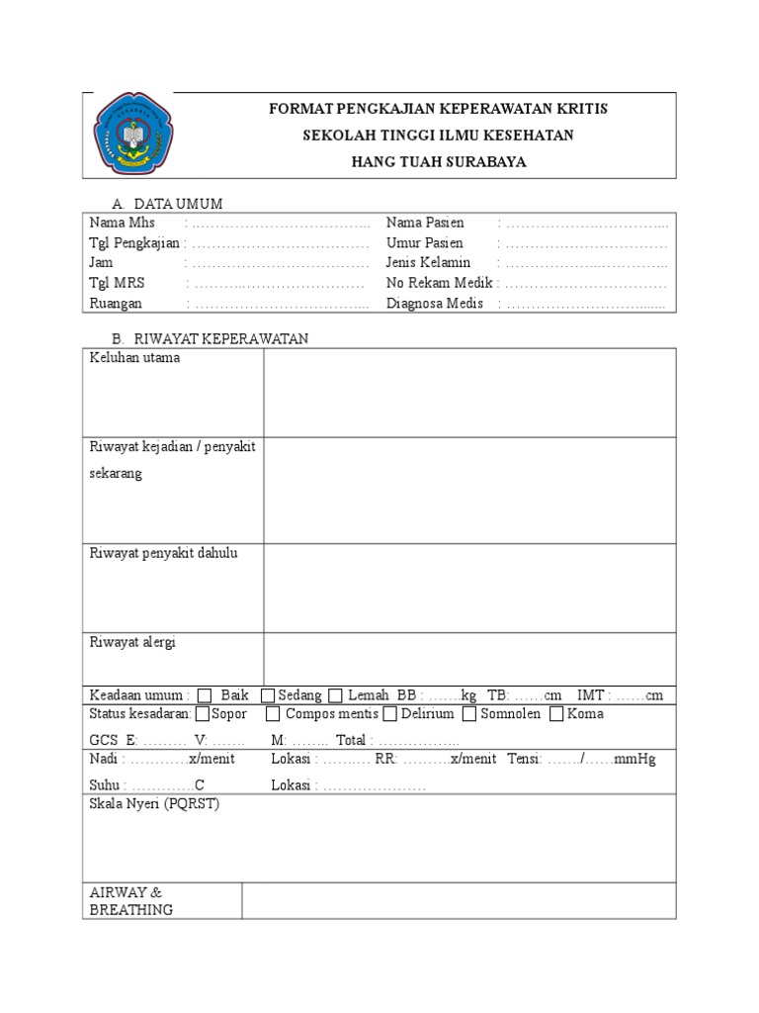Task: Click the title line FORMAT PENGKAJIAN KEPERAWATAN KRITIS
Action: [x=439, y=108]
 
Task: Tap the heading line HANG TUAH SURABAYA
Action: [x=439, y=162]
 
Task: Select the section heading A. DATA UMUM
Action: [x=167, y=204]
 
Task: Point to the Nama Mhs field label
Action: [x=122, y=223]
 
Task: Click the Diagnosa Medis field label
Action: [x=435, y=304]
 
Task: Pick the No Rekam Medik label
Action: [x=440, y=283]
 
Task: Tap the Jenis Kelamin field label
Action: [x=428, y=263]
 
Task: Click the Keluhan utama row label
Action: [x=134, y=358]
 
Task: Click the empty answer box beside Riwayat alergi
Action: [x=469, y=657]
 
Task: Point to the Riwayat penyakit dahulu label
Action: [x=163, y=553]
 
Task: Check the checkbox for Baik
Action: [x=205, y=695]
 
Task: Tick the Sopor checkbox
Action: [x=203, y=714]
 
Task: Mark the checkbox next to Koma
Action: [x=557, y=714]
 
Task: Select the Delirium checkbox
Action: [x=390, y=714]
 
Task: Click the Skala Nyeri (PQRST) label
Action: [x=154, y=804]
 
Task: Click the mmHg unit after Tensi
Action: [x=634, y=760]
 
